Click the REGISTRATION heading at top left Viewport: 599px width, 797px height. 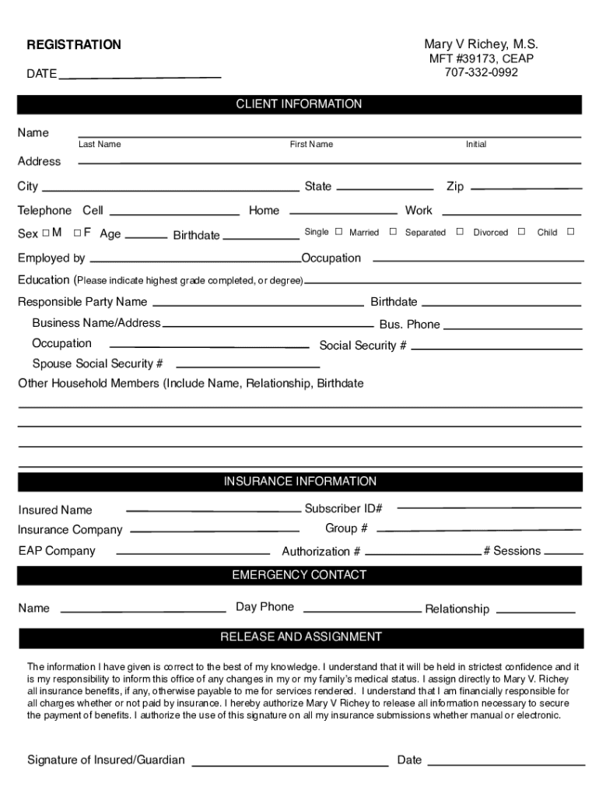point(74,45)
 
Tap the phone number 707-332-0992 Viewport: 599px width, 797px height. point(481,72)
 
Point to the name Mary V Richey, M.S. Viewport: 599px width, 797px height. point(481,44)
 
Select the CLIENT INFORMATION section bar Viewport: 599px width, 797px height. point(299,104)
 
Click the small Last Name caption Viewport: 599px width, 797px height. point(100,145)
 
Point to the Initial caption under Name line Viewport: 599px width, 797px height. point(476,145)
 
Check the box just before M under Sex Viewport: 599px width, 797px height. point(46,232)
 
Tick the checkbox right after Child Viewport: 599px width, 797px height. point(570,231)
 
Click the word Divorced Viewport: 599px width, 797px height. point(490,233)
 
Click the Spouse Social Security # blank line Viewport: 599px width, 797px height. point(248,364)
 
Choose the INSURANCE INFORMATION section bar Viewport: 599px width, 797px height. point(299,482)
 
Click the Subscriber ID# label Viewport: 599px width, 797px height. point(343,509)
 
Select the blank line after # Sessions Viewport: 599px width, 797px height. point(564,552)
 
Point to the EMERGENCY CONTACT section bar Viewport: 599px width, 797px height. point(299,575)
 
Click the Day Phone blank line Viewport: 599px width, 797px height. point(362,609)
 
